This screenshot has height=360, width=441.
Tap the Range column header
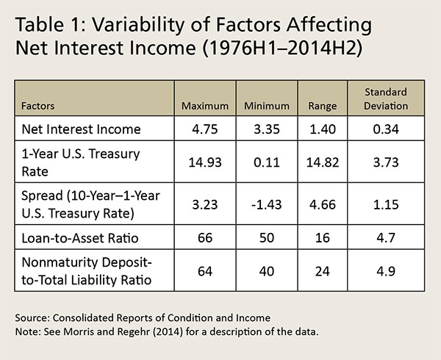(323, 106)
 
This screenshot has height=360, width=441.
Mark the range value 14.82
(323, 161)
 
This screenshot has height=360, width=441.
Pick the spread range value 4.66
(323, 199)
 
